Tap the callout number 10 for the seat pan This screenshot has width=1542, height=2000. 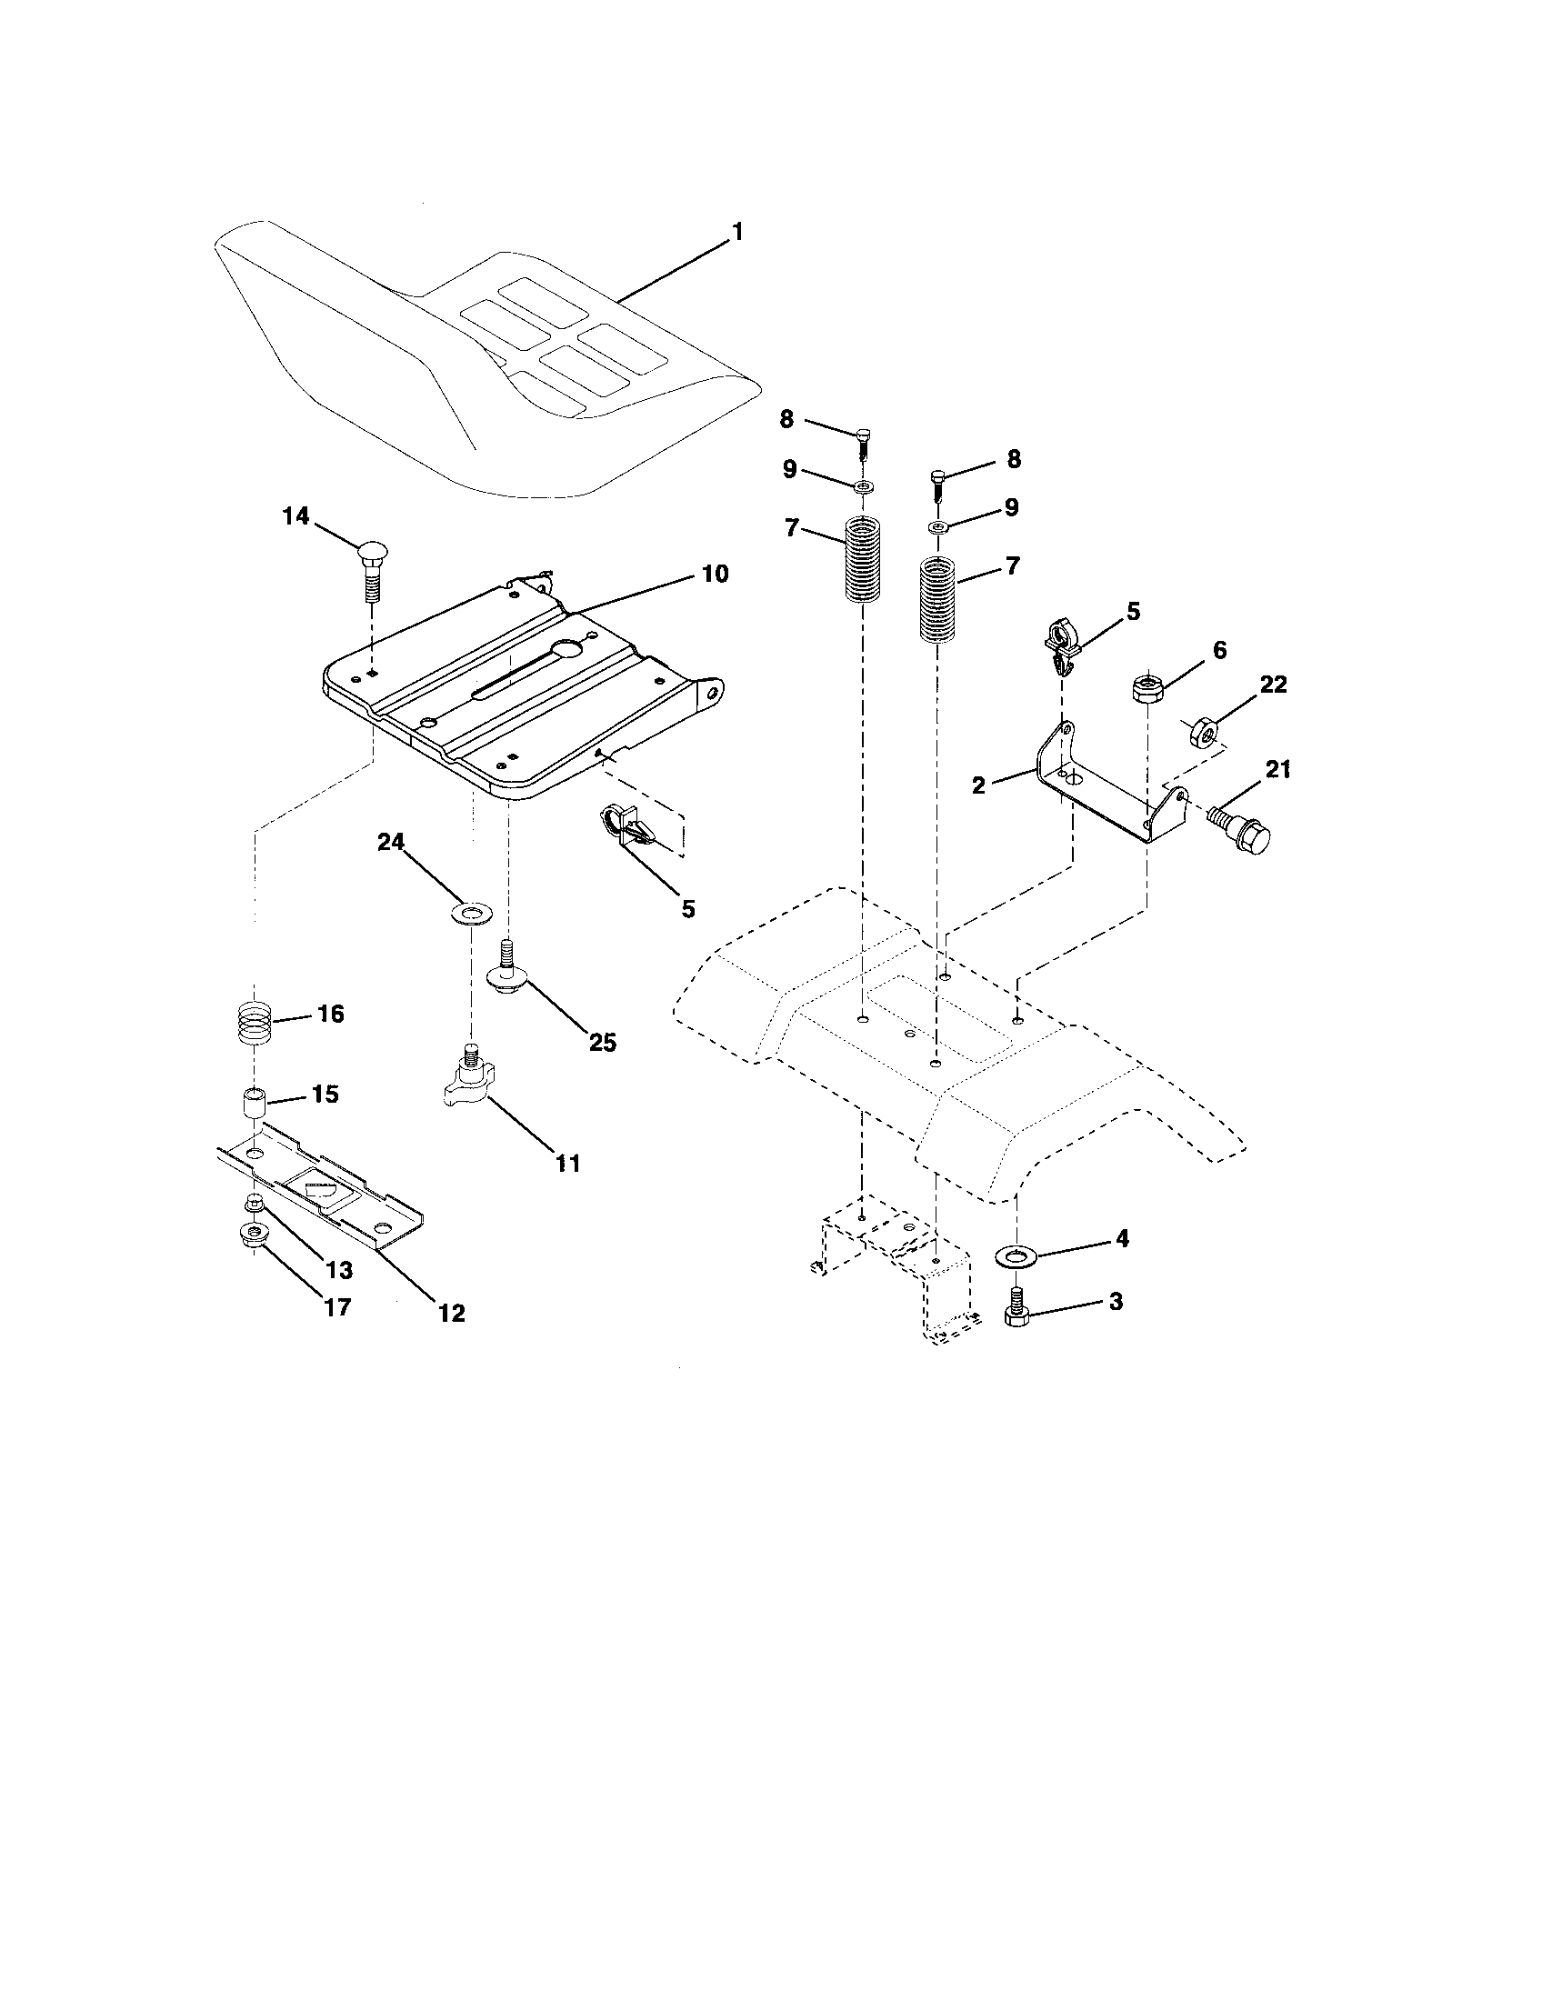716,575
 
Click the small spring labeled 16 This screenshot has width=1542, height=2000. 255,1021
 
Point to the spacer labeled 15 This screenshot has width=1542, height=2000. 252,1101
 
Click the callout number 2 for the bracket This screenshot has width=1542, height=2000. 979,785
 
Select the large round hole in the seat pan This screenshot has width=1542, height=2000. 567,649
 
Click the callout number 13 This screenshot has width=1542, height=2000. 338,1271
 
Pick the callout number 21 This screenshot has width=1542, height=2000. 1277,770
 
